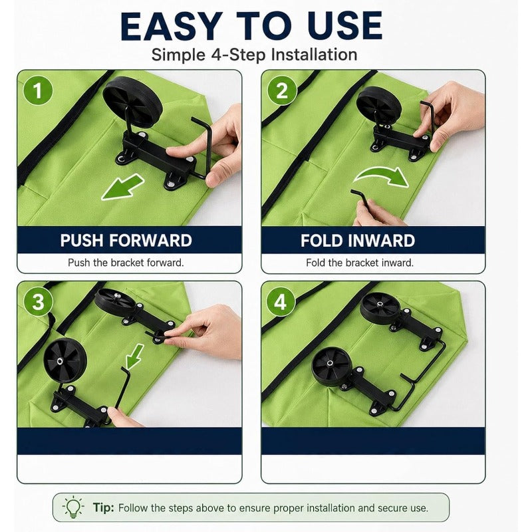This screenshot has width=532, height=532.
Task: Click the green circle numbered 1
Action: click(38, 90)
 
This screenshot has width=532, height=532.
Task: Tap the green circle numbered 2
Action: click(282, 90)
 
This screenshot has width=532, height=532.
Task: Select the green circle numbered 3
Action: click(38, 302)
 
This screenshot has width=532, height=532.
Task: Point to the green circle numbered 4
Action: click(281, 302)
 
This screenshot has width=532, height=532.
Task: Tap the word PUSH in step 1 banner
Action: click(82, 241)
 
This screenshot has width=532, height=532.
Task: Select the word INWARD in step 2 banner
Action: click(382, 241)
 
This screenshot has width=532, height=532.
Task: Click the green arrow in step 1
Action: click(122, 187)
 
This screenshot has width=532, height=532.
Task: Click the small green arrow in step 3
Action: click(135, 356)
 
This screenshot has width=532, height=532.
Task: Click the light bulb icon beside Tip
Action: click(74, 507)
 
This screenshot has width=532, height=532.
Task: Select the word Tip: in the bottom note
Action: click(104, 507)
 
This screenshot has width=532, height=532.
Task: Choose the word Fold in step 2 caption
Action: click(316, 263)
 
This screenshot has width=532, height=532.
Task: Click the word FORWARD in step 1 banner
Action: click(150, 241)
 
